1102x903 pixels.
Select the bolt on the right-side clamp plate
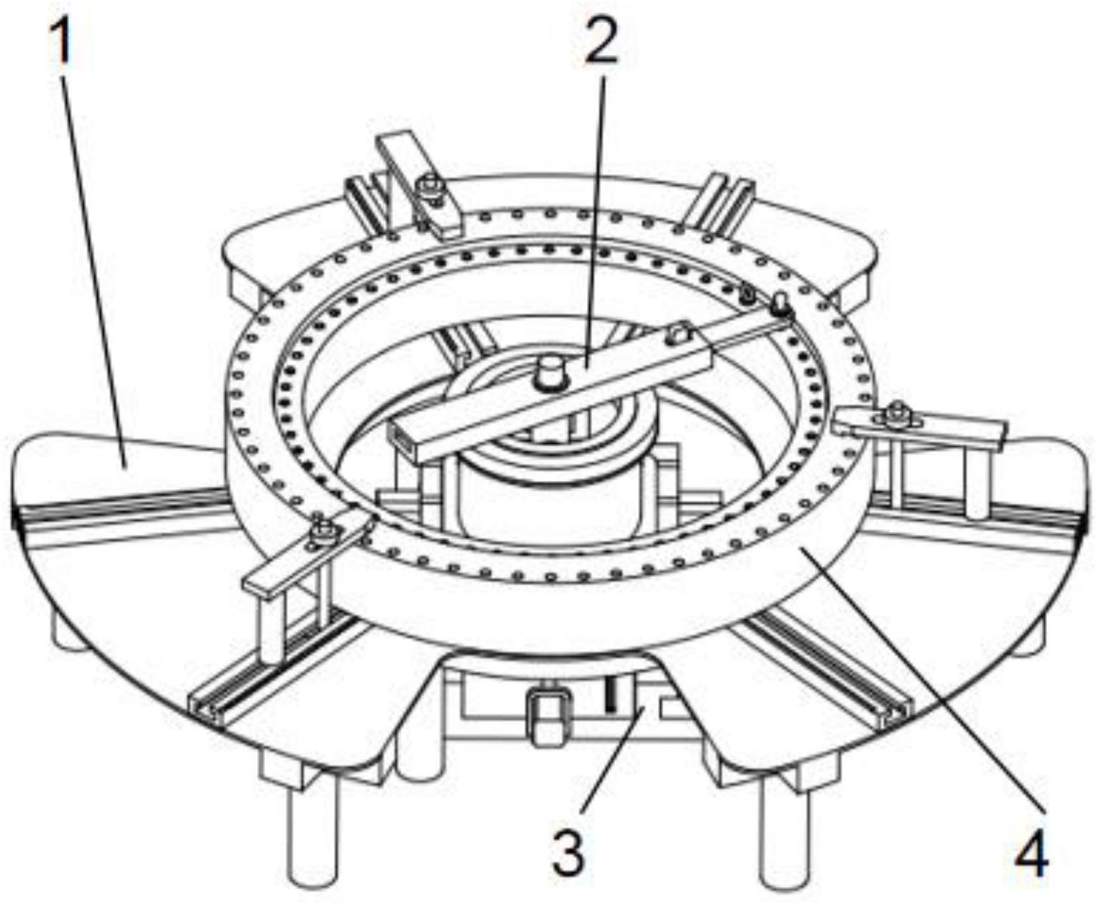tap(897, 413)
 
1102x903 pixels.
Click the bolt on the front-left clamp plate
tap(323, 532)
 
